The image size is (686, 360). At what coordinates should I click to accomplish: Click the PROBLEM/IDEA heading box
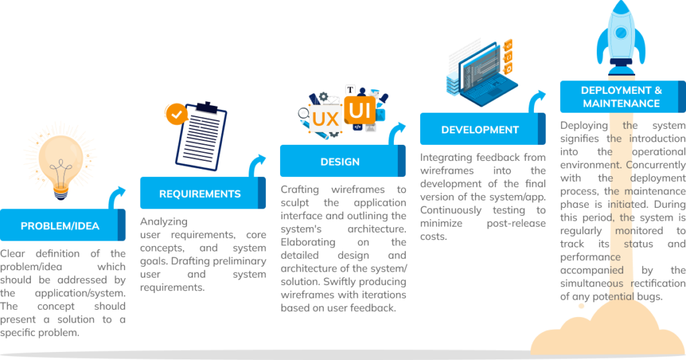coord(60,226)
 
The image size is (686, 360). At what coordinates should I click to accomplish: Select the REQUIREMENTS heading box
coord(200,194)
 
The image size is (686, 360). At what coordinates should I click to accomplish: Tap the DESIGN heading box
coord(340,162)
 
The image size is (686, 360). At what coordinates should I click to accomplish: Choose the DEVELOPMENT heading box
coord(480,129)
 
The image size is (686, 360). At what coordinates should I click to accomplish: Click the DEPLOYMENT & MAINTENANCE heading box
coord(621,97)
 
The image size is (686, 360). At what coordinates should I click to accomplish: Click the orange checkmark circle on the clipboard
coord(177,115)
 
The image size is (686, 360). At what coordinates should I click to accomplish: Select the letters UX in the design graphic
coord(326,119)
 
